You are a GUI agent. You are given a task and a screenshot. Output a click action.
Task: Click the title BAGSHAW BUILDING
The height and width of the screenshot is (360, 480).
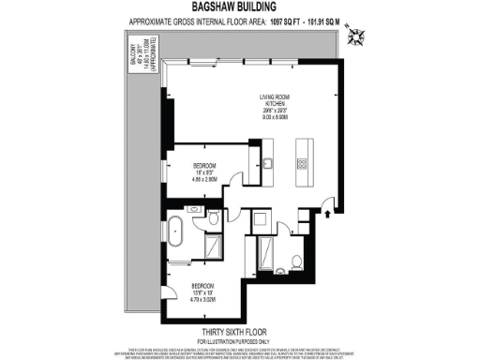[241, 7]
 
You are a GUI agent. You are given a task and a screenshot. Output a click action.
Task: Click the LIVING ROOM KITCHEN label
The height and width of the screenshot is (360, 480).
[279, 102]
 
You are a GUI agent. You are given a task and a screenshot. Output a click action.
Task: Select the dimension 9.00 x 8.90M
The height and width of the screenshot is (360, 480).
[279, 119]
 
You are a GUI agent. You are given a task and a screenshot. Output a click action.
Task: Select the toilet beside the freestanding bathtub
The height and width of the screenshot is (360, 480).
[213, 220]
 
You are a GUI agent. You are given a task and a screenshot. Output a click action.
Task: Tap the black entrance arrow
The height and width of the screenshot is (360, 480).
[326, 215]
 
